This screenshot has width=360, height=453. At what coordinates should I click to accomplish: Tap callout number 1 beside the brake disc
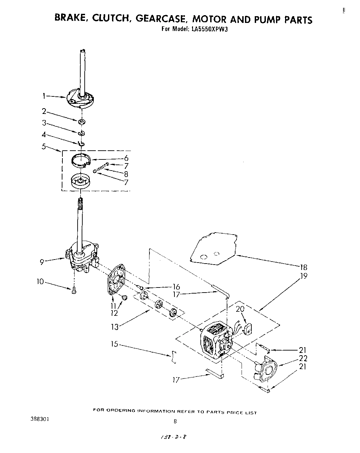[x=44, y=96]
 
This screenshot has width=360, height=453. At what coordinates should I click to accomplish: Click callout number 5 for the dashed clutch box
[x=44, y=147]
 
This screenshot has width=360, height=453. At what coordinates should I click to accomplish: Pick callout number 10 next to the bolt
[x=40, y=281]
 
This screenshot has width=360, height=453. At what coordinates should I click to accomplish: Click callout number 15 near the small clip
[x=115, y=344]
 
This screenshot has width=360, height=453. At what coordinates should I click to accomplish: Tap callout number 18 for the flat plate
[x=303, y=267]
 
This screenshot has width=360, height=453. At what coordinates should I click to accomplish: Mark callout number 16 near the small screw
[x=176, y=287]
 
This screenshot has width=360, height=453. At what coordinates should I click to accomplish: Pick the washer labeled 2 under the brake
[x=82, y=121]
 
